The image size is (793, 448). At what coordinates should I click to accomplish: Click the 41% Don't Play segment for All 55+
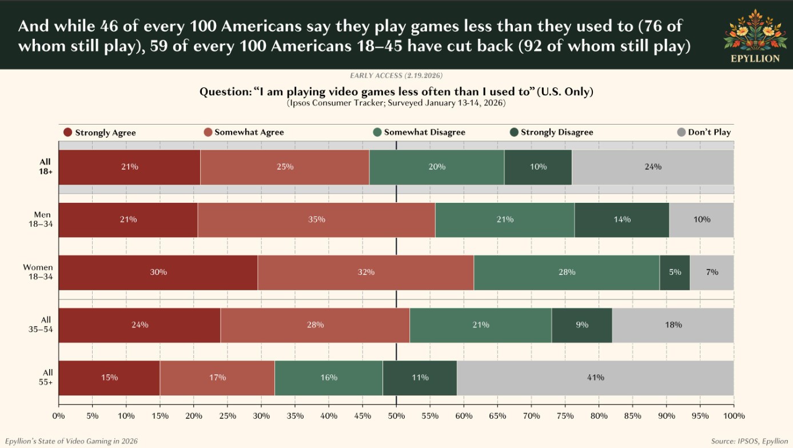(x=595, y=378)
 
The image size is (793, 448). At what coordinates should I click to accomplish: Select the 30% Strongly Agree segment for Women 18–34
(x=158, y=273)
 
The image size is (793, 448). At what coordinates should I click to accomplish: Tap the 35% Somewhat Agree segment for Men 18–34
(x=316, y=220)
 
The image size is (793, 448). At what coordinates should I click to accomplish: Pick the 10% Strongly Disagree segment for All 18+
(x=538, y=167)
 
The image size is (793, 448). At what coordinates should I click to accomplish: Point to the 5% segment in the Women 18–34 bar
(x=675, y=273)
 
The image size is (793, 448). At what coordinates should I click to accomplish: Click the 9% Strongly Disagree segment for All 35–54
(x=581, y=325)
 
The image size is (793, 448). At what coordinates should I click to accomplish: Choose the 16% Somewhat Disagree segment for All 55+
(x=329, y=378)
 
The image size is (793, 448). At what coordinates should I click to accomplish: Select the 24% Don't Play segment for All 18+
(x=652, y=167)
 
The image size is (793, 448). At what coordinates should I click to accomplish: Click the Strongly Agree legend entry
(x=99, y=133)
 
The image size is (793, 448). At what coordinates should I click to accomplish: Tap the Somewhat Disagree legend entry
(x=419, y=133)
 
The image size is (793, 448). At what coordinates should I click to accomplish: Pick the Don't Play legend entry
(x=704, y=133)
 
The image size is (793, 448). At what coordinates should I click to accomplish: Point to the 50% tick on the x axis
(x=396, y=416)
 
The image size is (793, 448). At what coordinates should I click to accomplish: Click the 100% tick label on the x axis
(x=734, y=416)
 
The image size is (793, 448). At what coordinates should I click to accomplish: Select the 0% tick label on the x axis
(x=58, y=416)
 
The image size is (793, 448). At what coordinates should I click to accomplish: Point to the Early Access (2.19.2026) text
(x=396, y=76)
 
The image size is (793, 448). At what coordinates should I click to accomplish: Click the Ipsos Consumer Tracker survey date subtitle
(x=396, y=103)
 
